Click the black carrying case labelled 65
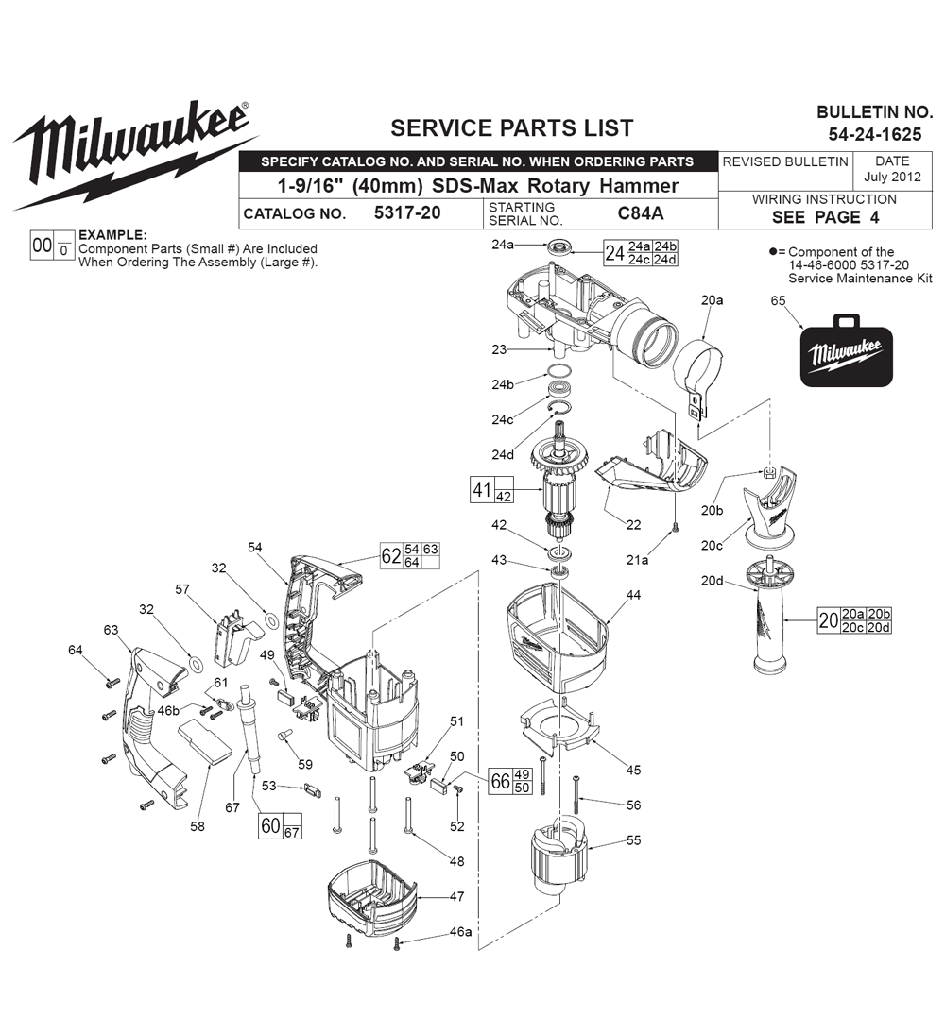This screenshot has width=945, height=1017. click(847, 354)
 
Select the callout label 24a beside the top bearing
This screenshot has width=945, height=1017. click(503, 246)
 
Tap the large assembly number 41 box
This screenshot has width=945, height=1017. click(482, 490)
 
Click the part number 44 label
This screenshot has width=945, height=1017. click(632, 595)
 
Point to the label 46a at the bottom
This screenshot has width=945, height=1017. click(460, 932)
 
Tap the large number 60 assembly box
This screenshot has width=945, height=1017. click(270, 826)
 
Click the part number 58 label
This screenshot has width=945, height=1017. click(197, 826)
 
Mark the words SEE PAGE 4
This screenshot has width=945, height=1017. click(824, 217)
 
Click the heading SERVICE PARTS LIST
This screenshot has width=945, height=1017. click(512, 127)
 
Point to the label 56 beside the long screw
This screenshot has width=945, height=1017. click(632, 805)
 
